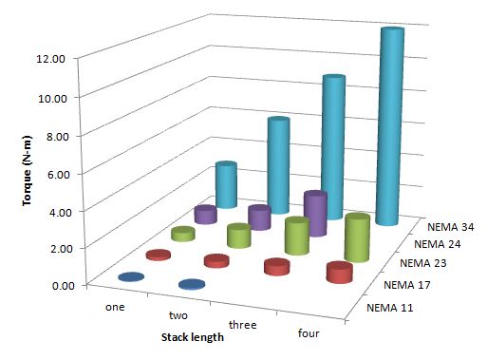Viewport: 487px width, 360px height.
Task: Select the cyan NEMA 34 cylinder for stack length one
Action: [x=225, y=185]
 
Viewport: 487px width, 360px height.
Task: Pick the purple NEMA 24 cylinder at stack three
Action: [x=314, y=214]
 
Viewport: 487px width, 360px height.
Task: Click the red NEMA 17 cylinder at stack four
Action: [x=339, y=273]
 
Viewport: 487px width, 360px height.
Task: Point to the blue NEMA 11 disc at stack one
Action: [x=131, y=277]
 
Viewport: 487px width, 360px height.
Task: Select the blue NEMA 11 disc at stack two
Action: [x=192, y=285]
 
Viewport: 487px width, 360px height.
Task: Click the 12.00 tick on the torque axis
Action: [x=50, y=59]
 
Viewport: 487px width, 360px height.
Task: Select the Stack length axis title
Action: [x=192, y=336]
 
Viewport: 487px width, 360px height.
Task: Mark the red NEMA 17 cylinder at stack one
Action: [x=159, y=255]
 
